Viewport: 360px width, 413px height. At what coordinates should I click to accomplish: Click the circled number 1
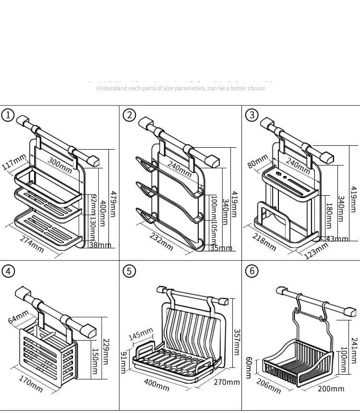(8, 116)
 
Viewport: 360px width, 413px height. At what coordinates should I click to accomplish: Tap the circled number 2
(129, 116)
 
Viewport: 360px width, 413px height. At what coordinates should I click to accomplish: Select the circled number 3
(252, 116)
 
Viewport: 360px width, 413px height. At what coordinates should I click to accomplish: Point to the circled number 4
(8, 271)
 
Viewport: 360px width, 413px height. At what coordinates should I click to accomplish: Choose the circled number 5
(129, 271)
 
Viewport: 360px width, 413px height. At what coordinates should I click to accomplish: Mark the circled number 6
(252, 271)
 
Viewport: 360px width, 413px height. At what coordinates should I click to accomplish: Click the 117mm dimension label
(14, 162)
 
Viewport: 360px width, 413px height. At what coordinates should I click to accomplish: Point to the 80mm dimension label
(258, 161)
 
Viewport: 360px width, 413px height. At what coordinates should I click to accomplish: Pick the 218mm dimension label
(264, 242)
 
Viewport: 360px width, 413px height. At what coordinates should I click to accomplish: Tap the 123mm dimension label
(316, 251)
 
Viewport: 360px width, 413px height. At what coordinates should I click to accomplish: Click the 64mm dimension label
(18, 318)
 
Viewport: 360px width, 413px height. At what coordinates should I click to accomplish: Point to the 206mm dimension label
(269, 385)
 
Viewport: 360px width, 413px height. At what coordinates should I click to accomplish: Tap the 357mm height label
(236, 342)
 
